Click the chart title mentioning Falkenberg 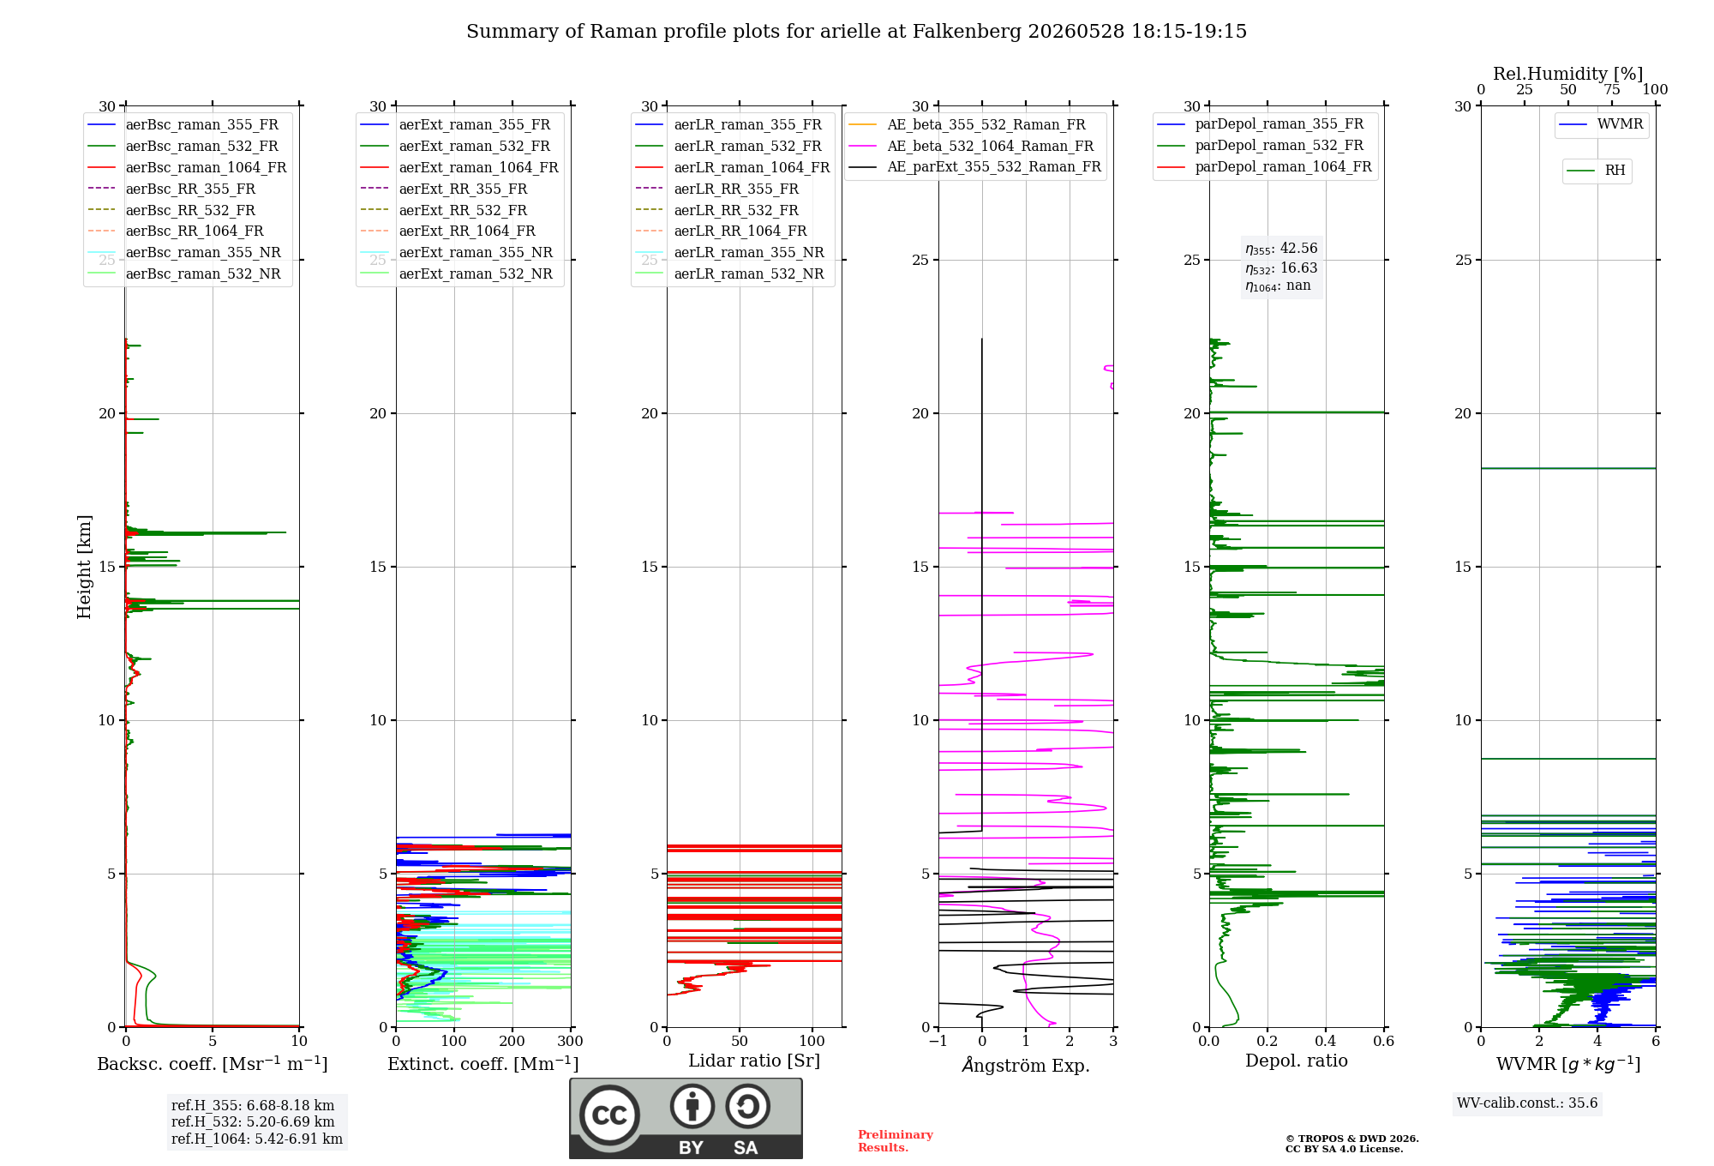(856, 32)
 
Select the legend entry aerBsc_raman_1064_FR (187, 167)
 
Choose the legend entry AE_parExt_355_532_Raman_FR (975, 166)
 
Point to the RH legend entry (1597, 171)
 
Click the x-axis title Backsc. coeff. (213, 1064)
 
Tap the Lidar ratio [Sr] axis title (754, 1061)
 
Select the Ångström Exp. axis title (1026, 1065)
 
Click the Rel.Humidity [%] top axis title (1568, 74)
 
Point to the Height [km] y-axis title (84, 567)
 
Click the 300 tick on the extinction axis (571, 1042)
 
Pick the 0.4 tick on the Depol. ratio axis (1326, 1042)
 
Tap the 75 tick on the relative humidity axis (1612, 90)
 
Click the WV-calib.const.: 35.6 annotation (1527, 1103)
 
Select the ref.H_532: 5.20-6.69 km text (253, 1122)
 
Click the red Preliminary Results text (896, 1141)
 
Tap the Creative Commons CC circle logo (609, 1115)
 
